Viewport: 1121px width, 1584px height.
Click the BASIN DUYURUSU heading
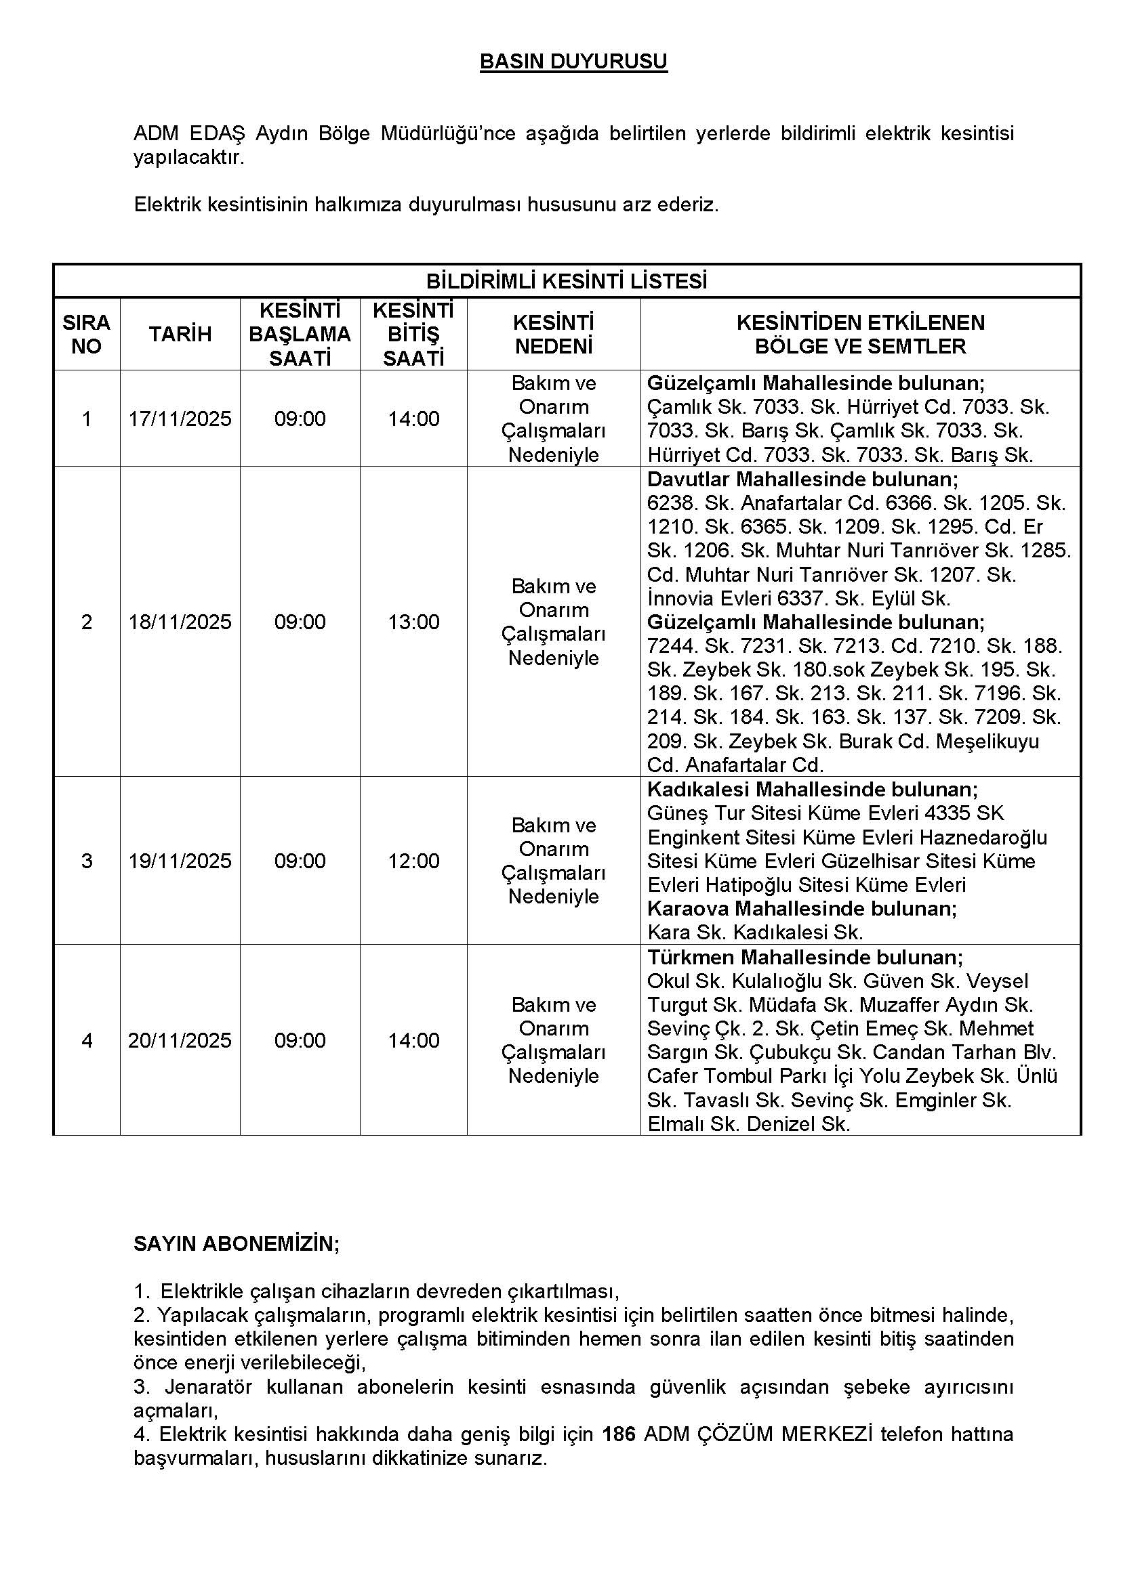[x=573, y=62]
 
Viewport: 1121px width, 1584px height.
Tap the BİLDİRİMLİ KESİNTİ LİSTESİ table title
[x=566, y=282]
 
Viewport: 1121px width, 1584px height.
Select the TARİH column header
[x=180, y=335]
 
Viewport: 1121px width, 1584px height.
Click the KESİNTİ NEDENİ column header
[x=554, y=335]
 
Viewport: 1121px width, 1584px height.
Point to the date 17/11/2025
[x=180, y=419]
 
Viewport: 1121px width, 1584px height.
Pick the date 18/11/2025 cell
[x=180, y=622]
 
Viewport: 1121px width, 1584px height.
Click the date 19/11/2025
[x=180, y=860]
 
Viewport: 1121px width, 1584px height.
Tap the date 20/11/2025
[x=180, y=1040]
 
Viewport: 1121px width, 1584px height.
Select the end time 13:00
[x=413, y=622]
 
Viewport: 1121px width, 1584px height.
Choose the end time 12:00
[x=413, y=860]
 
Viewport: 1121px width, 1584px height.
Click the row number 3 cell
[x=86, y=860]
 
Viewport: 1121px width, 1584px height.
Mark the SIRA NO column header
[x=86, y=335]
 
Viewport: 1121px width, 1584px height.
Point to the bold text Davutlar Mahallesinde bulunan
[x=802, y=479]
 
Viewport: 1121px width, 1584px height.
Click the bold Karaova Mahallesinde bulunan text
[x=801, y=909]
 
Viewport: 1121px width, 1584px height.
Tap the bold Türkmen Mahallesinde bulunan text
[x=804, y=957]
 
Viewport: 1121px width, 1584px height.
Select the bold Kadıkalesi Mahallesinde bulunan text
[x=812, y=789]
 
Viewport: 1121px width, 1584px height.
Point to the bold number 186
[x=618, y=1434]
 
